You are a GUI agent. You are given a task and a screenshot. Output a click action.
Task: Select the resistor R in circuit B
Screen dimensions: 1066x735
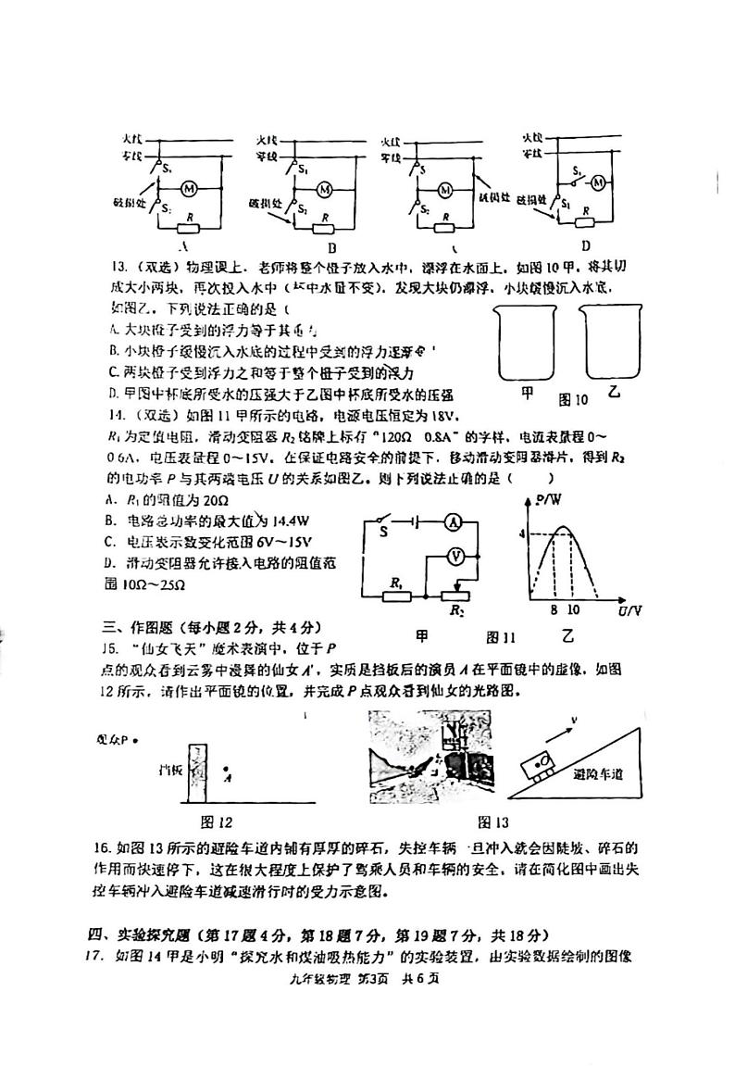[325, 229]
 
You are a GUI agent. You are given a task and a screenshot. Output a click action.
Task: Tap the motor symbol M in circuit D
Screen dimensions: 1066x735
[598, 182]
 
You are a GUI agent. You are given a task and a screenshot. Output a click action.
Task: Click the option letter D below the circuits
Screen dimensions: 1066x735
[585, 245]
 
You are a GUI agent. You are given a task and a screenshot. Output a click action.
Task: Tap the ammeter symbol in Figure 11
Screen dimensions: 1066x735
[454, 522]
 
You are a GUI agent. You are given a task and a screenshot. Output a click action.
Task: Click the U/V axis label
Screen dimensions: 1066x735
[629, 612]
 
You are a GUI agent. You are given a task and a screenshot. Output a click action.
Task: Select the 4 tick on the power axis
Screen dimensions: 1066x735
[522, 534]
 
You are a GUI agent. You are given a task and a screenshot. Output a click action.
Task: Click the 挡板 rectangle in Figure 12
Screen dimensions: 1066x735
[195, 774]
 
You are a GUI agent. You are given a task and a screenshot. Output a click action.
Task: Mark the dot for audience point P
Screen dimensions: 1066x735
[135, 740]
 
